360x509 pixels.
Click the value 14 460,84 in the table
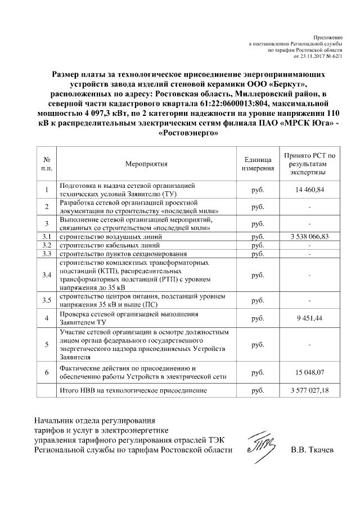coord(309,190)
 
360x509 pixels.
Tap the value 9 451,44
coord(309,318)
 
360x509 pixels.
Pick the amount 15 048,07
coord(309,372)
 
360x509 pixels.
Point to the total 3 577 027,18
coord(309,390)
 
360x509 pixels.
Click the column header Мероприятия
coord(147,164)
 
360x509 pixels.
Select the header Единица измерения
coord(258,164)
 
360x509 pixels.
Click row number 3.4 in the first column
coord(47,274)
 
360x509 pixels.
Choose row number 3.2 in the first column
coord(47,246)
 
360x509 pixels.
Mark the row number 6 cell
coord(47,372)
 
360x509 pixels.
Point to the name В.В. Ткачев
coord(312,451)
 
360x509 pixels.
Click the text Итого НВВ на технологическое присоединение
coord(133,390)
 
